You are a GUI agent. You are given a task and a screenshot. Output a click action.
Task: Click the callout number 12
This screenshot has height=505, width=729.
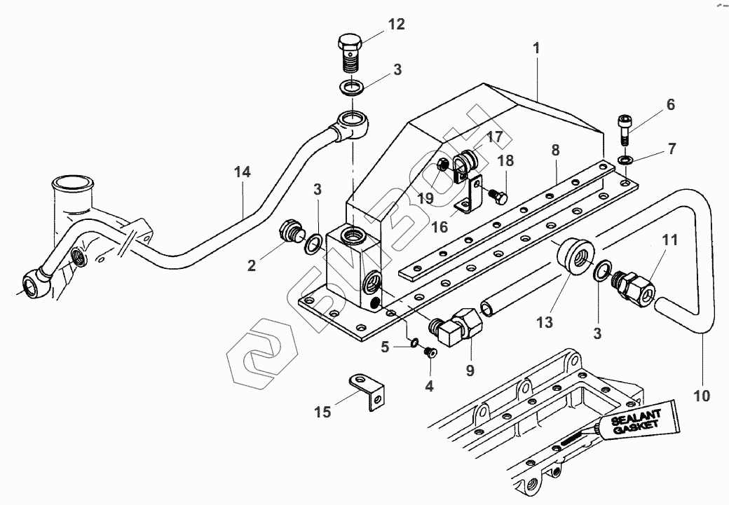pyautogui.click(x=396, y=25)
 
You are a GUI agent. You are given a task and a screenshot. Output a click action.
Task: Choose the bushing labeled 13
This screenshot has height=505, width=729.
pyautogui.click(x=573, y=256)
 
